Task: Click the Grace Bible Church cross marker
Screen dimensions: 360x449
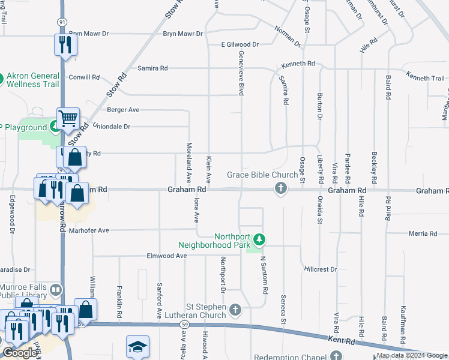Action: click(280, 190)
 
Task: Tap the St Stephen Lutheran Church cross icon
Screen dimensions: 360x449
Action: click(235, 310)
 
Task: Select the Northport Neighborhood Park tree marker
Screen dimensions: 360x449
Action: click(259, 240)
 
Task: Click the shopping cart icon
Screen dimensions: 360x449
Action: click(68, 118)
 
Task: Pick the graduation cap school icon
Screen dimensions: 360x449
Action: click(137, 347)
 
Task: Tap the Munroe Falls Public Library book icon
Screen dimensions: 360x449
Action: click(55, 291)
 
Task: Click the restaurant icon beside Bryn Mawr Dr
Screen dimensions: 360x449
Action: click(65, 44)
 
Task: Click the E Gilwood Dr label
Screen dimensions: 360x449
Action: click(240, 44)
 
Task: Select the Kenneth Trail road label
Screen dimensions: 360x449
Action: click(425, 78)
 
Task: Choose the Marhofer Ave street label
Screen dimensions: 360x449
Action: click(88, 230)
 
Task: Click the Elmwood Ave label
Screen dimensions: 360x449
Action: click(166, 256)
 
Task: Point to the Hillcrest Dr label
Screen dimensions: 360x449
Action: click(321, 270)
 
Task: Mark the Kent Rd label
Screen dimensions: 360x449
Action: click(343, 340)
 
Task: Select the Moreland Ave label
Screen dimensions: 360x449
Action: click(188, 166)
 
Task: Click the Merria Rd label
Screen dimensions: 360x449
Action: click(423, 233)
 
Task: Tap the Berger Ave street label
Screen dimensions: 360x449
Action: click(122, 110)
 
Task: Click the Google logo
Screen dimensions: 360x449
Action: click(20, 353)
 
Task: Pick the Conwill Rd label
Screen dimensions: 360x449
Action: click(84, 77)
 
